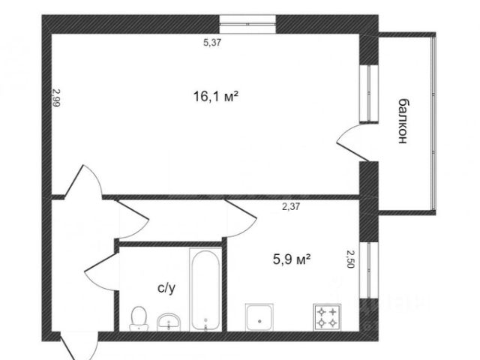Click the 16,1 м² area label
[x=216, y=97]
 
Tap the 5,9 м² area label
[x=292, y=259]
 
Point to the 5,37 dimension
[x=212, y=43]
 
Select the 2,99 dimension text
[x=56, y=97]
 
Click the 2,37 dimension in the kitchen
[x=291, y=207]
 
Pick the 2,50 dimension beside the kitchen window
[x=350, y=259]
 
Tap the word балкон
[x=403, y=121]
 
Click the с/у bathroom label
[x=166, y=288]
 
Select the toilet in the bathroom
[x=139, y=318]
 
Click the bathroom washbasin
[x=169, y=322]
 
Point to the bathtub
[x=205, y=289]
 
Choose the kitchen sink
[x=259, y=317]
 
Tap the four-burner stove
[x=327, y=317]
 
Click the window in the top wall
[x=247, y=24]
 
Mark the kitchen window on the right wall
[x=369, y=270]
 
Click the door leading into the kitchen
[x=241, y=218]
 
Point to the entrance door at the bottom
[x=79, y=346]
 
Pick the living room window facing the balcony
[x=369, y=94]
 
